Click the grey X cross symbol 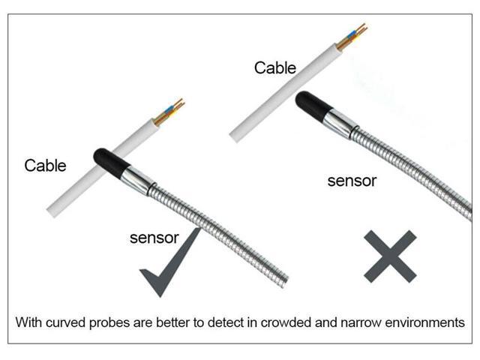pos(389,256)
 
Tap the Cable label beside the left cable pos(45,165)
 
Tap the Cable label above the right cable pos(274,67)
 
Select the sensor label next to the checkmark pos(154,238)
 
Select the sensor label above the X pos(352,181)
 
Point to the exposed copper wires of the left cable pos(170,109)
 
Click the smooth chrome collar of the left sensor pos(139,179)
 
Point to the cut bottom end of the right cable pos(235,136)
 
